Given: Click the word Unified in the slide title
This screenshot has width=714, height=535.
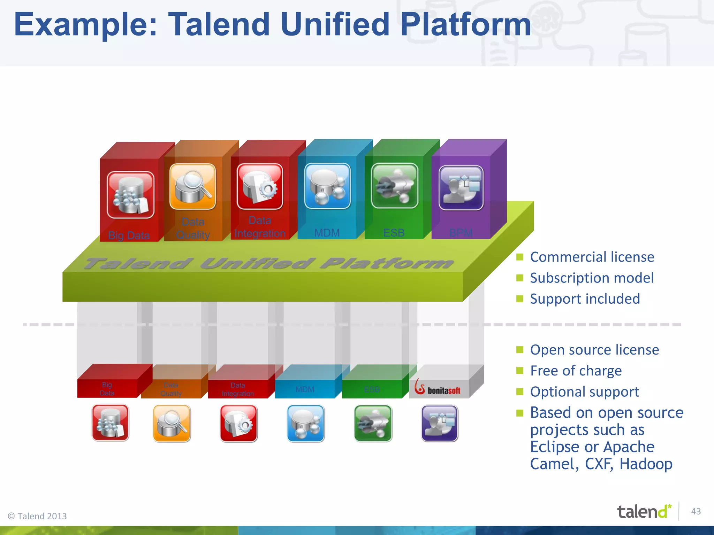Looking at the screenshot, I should coord(335,24).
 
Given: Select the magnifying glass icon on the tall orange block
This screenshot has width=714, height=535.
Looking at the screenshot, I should coord(193,187).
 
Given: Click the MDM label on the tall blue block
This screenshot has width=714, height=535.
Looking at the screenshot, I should coord(327,233).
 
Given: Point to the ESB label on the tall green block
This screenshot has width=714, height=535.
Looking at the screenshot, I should coord(394,233).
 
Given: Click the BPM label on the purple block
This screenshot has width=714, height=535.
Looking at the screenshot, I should coord(461,233).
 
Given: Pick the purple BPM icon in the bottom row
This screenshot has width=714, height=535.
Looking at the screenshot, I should coord(439,423).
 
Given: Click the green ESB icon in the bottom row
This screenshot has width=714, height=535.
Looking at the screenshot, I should coord(373,423).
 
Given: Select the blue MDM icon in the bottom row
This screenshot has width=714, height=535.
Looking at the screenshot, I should coord(306,423).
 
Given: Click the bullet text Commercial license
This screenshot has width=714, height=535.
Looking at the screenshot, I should coord(592,257).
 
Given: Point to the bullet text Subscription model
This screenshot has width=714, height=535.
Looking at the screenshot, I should coord(592,278).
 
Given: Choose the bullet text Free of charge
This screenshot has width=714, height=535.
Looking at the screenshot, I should coord(576,371).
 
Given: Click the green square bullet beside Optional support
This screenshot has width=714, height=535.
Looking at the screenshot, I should coord(520,392).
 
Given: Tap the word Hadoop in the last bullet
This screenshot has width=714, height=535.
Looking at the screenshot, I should coord(646,464).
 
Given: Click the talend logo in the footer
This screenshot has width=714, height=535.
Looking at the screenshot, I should coord(644,512).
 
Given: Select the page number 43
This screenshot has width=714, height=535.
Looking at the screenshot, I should coord(696,511).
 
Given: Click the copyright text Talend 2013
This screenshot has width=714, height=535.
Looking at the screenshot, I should coord(38,516).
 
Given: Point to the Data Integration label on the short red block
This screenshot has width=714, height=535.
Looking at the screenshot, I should coord(238,389).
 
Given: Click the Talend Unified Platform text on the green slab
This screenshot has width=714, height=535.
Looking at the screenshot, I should coord(268,264).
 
